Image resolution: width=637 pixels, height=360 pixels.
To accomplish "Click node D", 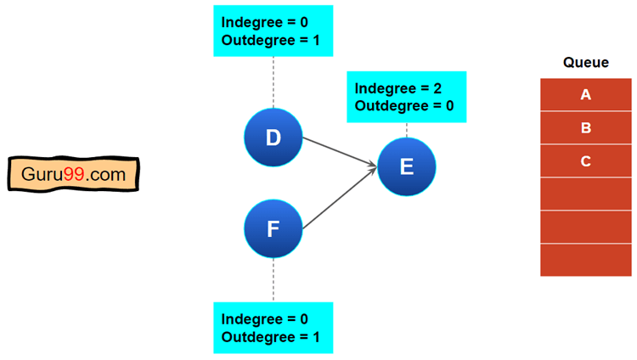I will [x=273, y=138].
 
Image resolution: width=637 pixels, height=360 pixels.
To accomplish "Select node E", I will [x=406, y=166].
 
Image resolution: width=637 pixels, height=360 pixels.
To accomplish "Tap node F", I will [x=273, y=229].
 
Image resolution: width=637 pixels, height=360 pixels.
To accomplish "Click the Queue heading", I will [x=586, y=63].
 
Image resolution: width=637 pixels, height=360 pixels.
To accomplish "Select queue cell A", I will [x=586, y=95].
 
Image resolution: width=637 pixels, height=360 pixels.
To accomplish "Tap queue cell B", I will [x=586, y=128].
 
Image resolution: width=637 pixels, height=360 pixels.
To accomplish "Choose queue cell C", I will [x=586, y=161].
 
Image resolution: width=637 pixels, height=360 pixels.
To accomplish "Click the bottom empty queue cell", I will [x=586, y=260].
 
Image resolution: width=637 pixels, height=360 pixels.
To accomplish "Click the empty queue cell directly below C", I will [x=586, y=194].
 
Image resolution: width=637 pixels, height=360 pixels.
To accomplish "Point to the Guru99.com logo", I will [x=73, y=176].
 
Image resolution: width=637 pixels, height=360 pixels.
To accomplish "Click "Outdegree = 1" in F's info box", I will [x=270, y=337].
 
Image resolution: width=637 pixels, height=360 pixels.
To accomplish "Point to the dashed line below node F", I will [x=273, y=280].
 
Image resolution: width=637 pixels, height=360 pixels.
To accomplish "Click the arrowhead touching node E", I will [x=374, y=166].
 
